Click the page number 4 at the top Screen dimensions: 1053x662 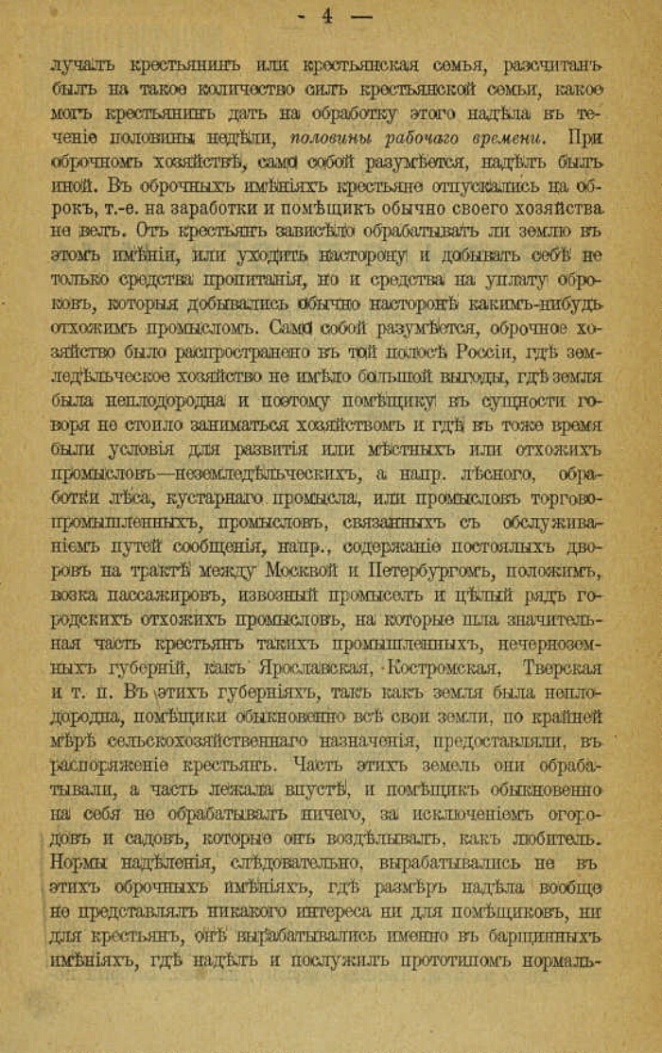point(327,15)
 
